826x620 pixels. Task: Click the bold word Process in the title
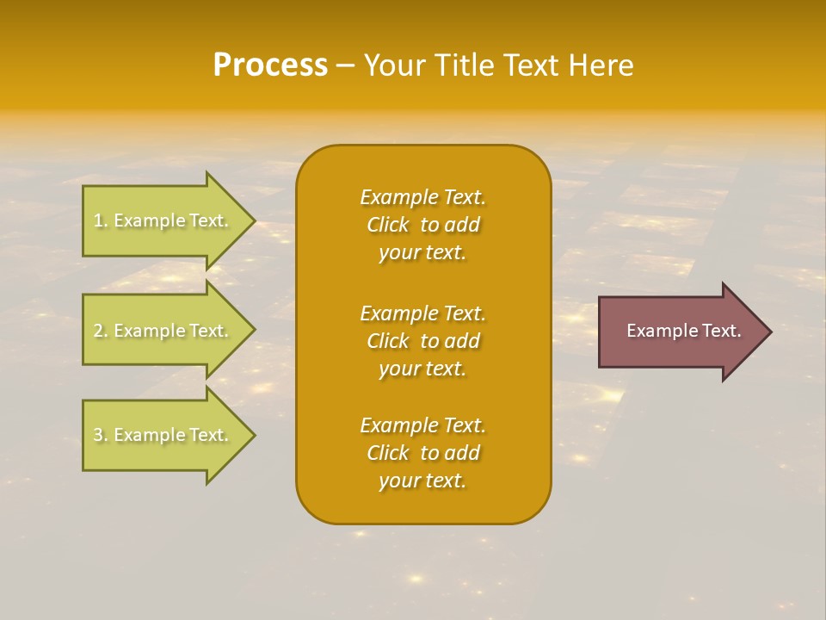click(x=270, y=65)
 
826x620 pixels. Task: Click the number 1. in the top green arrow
click(x=100, y=220)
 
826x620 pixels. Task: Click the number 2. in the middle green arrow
click(x=100, y=331)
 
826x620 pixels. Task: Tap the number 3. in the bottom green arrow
click(x=100, y=435)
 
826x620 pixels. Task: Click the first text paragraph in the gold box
click(x=422, y=225)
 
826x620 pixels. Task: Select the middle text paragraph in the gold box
click(x=422, y=341)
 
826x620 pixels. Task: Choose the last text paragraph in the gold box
click(x=422, y=453)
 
